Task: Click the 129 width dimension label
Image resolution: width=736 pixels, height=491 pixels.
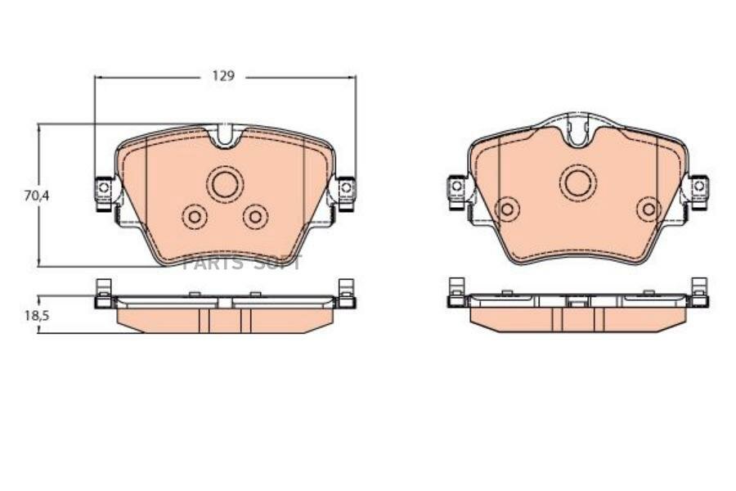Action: click(x=223, y=76)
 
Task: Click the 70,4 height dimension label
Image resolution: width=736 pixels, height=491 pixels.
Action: click(x=37, y=196)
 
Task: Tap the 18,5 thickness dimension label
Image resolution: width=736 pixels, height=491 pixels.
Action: click(x=37, y=315)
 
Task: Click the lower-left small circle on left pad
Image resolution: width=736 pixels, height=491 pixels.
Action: click(x=195, y=217)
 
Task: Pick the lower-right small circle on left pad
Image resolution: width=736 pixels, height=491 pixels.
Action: click(x=256, y=217)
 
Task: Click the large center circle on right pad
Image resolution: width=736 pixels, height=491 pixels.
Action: click(x=578, y=182)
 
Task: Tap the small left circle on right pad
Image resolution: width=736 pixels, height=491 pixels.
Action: click(x=507, y=209)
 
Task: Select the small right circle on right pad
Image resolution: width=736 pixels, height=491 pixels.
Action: click(x=649, y=209)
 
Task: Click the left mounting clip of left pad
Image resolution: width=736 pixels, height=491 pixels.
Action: click(x=104, y=194)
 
